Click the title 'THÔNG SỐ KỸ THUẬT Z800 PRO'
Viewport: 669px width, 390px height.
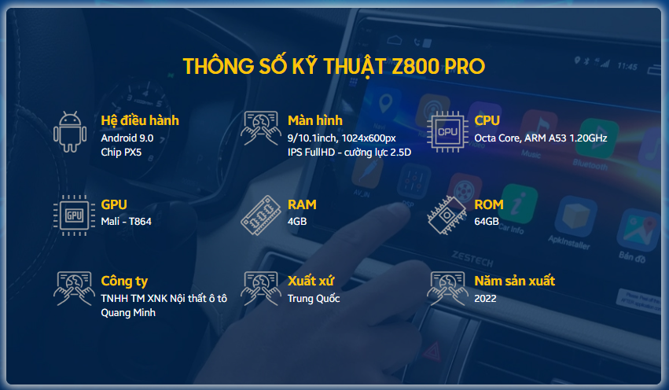pos(333,67)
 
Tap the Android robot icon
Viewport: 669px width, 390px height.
pos(70,132)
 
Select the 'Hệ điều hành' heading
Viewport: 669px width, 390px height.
pos(140,121)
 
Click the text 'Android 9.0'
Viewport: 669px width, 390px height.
pos(127,138)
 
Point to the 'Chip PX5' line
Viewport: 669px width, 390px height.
pos(121,153)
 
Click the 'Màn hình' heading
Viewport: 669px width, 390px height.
pos(315,121)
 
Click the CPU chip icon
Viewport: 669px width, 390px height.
pos(447,132)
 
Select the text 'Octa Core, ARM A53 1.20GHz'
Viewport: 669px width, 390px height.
pos(541,138)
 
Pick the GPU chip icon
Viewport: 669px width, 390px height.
pos(74,215)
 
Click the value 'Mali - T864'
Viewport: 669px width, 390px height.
pos(127,222)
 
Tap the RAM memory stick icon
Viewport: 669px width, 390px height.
pos(261,215)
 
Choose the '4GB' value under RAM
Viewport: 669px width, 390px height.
pos(297,222)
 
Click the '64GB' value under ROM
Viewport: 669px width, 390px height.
pos(487,222)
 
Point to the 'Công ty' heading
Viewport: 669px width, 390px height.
pos(124,281)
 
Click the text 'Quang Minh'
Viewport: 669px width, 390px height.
pos(128,313)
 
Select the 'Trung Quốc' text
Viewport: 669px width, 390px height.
pos(314,299)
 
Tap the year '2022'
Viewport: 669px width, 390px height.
pos(486,299)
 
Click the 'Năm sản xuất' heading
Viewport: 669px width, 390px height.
pos(515,281)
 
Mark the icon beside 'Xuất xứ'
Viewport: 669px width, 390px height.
pos(261,289)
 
